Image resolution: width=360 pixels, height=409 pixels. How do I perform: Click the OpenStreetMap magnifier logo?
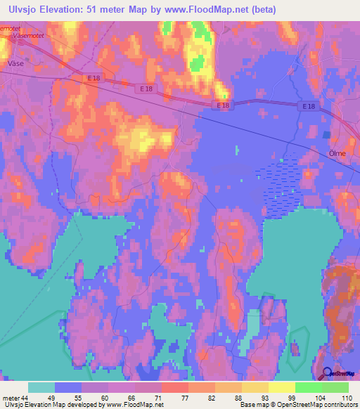(x=327, y=374)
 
